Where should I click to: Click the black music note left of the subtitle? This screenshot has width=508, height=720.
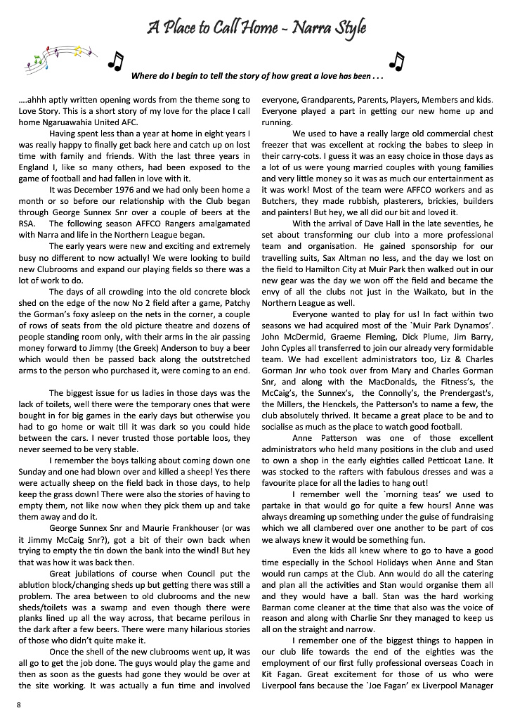(x=115, y=62)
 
